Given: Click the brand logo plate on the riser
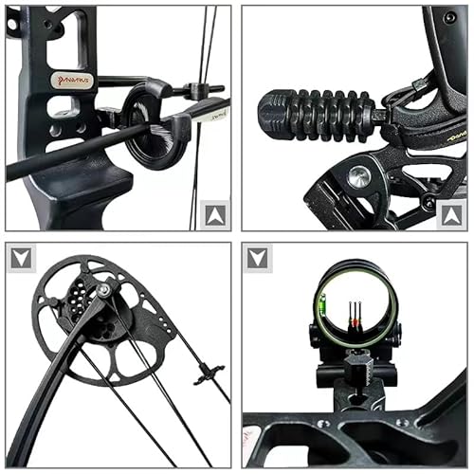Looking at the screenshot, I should (x=72, y=82).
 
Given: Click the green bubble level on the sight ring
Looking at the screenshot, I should (x=323, y=309).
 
